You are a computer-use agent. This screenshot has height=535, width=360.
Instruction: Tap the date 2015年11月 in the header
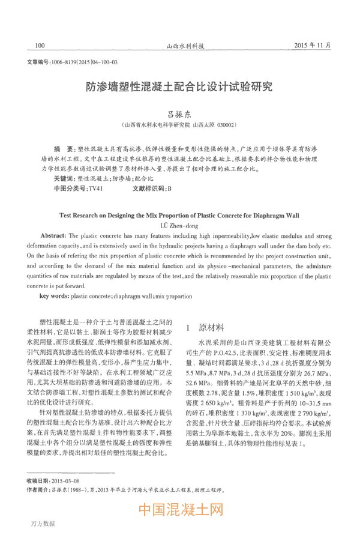point(313,45)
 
